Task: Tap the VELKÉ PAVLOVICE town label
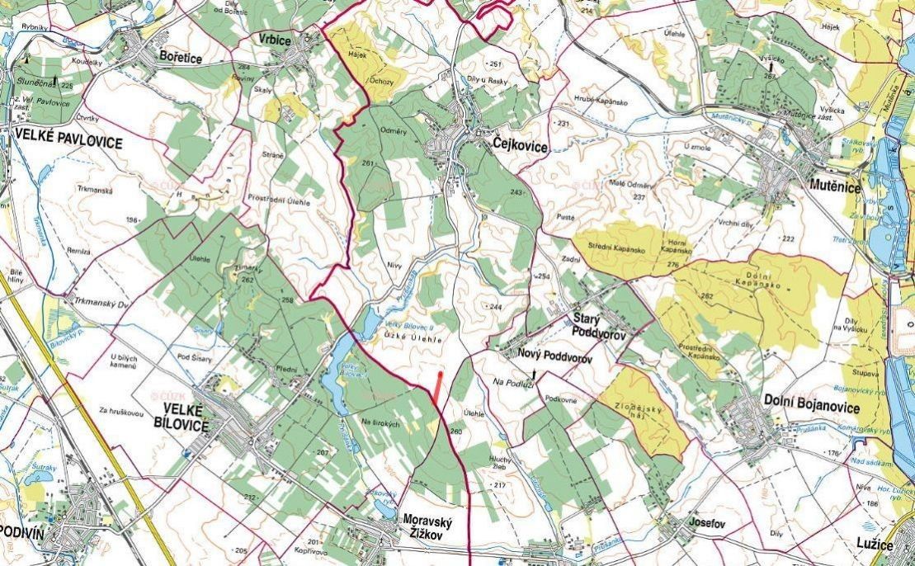point(68,143)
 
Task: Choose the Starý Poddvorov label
point(601,325)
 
